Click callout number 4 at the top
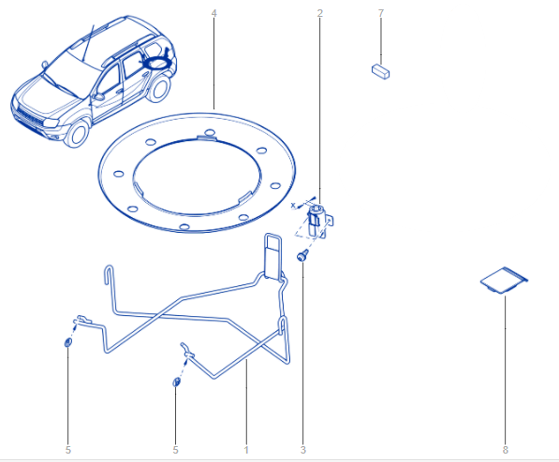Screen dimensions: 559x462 (213, 13)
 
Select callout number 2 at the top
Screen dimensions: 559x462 (320, 13)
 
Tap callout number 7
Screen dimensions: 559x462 (381, 13)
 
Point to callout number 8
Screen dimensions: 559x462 (506, 450)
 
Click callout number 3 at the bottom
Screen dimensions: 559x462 (303, 450)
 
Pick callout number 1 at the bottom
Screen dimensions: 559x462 (246, 450)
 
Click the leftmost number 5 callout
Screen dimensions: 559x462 (68, 450)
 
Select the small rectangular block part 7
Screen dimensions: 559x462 (380, 71)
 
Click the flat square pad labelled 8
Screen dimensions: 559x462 (504, 281)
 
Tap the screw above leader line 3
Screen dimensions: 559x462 (302, 255)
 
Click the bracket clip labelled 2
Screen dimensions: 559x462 (320, 222)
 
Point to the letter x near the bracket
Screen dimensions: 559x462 (293, 205)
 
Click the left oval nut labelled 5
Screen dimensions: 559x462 (67, 342)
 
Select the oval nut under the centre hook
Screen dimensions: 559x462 (176, 383)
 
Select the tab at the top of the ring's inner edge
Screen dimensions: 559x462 (207, 138)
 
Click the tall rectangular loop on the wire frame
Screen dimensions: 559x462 (272, 255)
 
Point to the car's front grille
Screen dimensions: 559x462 (29, 117)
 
